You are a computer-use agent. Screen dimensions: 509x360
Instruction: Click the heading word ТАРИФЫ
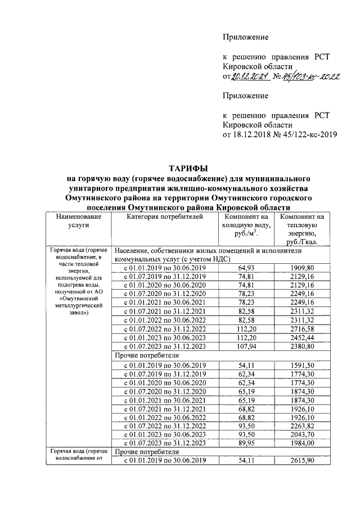point(188,168)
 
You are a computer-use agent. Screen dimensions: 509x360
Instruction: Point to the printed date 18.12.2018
point(251,135)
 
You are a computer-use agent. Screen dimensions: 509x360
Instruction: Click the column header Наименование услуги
point(78,220)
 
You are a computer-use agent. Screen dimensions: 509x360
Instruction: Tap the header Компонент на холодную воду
point(248,225)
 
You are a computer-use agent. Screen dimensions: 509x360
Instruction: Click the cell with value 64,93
point(248,268)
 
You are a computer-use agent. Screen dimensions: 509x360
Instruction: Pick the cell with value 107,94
point(248,346)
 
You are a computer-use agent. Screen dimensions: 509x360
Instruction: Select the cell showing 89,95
point(248,443)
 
